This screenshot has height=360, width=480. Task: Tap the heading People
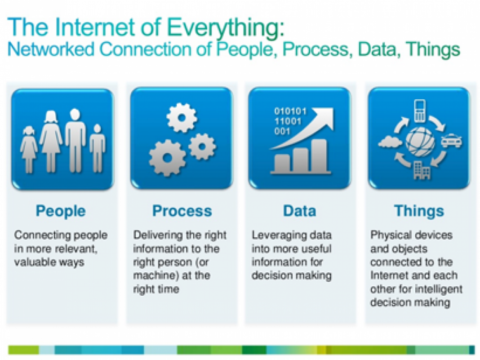tap(61, 211)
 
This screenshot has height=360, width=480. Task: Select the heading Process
tap(182, 211)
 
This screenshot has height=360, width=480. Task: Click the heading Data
tap(299, 211)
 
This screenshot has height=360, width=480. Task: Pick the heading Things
tap(419, 211)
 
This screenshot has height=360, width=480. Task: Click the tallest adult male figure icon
tap(75, 141)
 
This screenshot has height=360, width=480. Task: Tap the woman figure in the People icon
tap(51, 142)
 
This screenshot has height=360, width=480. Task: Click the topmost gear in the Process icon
tap(182, 118)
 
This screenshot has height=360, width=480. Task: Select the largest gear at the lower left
tap(167, 158)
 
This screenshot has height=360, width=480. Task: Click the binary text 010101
tap(290, 111)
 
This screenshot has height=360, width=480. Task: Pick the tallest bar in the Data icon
tap(319, 155)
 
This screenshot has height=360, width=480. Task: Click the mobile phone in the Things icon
tap(419, 111)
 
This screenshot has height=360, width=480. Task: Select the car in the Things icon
tap(452, 141)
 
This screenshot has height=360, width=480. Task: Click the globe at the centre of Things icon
tap(420, 142)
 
